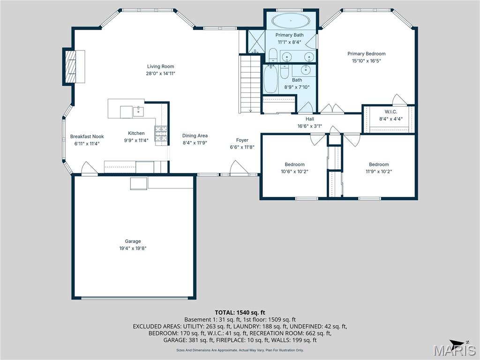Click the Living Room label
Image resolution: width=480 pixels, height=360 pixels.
160,67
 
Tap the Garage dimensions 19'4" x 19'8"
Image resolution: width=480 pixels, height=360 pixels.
133,248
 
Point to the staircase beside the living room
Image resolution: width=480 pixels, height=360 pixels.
250,84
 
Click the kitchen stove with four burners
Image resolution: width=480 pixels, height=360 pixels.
161,134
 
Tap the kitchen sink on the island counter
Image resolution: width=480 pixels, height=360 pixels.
138,112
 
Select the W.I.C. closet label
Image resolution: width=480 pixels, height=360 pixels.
390,112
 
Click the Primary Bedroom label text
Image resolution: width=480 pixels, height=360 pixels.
366,53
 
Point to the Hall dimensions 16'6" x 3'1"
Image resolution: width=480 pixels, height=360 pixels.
309,126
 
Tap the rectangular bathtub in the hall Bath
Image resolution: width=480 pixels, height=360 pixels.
270,79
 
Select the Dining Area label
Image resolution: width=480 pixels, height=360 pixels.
195,136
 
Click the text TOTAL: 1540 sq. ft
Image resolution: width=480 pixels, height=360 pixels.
240,312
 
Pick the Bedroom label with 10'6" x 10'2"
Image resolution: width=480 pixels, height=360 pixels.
294,165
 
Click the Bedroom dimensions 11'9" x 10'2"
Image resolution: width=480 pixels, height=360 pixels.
379,171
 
